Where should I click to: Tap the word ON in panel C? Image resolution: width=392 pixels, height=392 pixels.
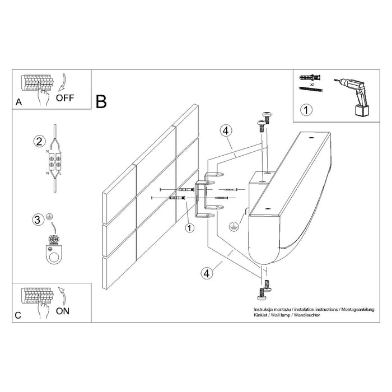tap(63, 312)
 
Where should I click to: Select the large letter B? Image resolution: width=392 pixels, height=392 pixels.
tap(101, 101)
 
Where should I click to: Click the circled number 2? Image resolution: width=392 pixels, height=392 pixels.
tap(39, 141)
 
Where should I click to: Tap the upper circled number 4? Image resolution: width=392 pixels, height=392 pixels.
tap(225, 131)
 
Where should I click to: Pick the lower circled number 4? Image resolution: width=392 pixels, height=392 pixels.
tap(207, 273)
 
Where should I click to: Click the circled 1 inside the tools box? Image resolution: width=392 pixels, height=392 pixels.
tap(306, 110)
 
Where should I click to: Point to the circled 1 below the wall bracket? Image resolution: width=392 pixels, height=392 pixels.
tap(189, 227)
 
